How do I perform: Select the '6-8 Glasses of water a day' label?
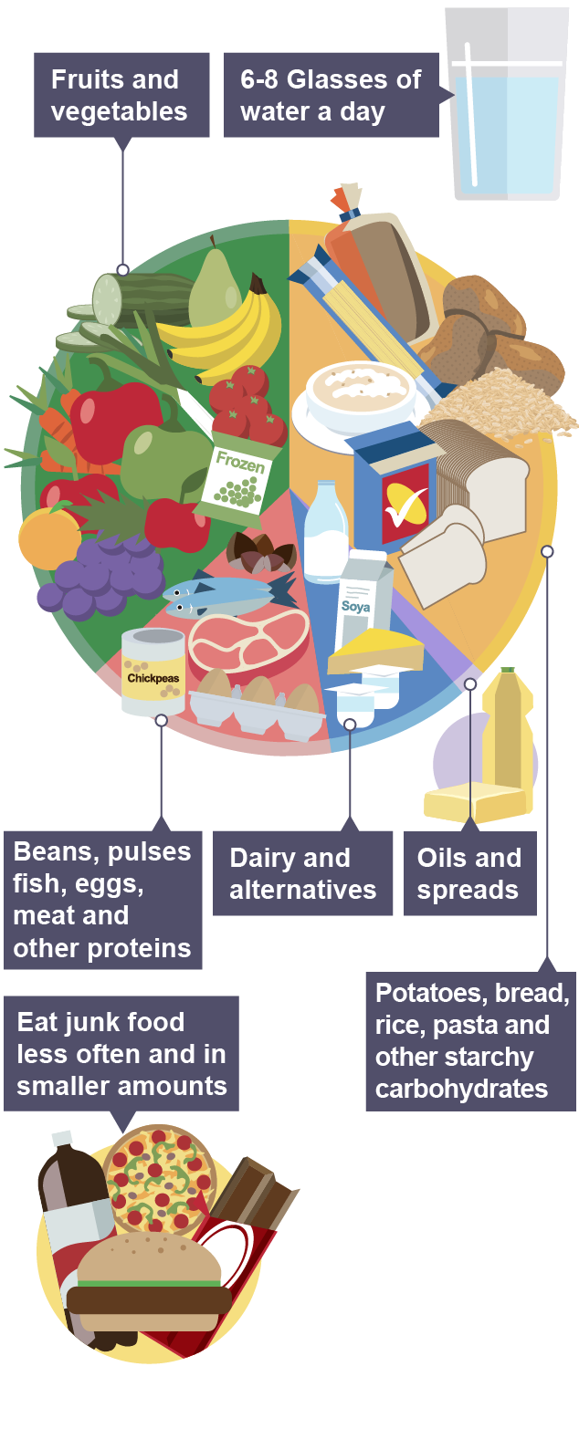(x=332, y=95)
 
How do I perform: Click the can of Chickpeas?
(x=153, y=672)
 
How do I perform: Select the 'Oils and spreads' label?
(x=469, y=873)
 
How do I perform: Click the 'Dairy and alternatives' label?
(x=302, y=873)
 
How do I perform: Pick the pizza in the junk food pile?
(x=160, y=1177)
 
